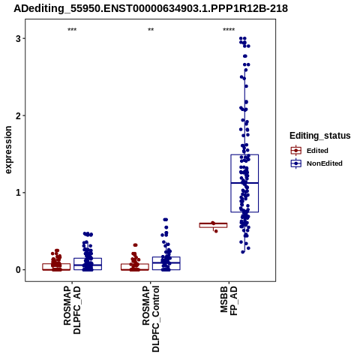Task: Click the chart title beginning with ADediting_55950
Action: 151,8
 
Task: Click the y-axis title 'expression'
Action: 8,150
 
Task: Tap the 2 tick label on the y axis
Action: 18,115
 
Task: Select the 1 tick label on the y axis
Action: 18,193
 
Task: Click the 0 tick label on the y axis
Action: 18,269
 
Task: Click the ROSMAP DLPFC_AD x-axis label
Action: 72,310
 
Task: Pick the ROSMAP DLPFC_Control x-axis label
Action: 151,319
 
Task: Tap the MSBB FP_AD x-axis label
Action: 229,300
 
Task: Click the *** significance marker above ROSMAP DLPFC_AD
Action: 72,30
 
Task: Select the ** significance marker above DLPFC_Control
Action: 151,30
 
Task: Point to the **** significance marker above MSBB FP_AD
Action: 229,30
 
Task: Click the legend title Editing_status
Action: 320,136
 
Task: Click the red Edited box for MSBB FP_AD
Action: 213,225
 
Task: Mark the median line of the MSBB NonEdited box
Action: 244,183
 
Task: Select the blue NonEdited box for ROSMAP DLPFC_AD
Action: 88,264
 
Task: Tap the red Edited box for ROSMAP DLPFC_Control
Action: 135,267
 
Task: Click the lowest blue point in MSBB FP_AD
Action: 243,252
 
